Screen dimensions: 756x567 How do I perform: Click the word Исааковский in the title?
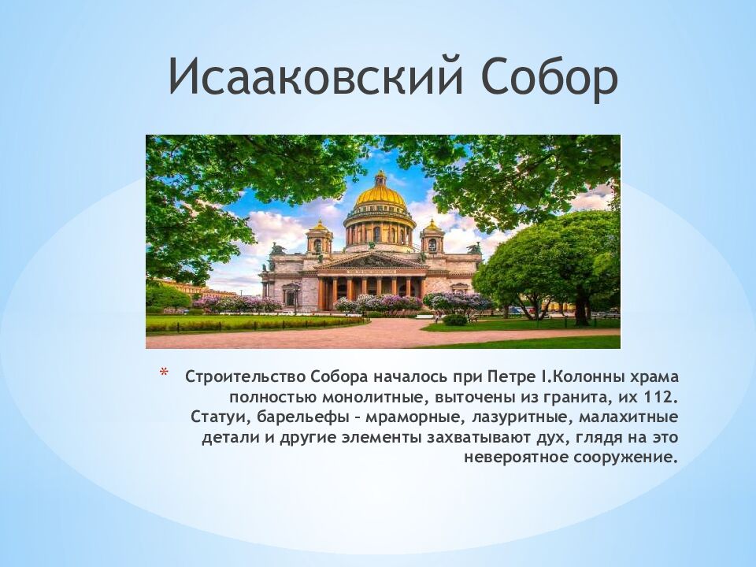coord(316,76)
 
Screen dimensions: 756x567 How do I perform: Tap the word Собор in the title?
coord(549,76)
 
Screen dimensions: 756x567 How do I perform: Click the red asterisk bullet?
coord(164,372)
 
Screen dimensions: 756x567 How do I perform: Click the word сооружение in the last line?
coord(626,457)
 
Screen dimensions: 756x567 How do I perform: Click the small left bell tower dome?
coord(319,226)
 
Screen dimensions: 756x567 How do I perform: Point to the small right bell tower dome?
coord(432,225)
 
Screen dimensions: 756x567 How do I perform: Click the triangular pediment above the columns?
coord(372,261)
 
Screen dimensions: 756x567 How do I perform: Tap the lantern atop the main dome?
coord(380,178)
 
